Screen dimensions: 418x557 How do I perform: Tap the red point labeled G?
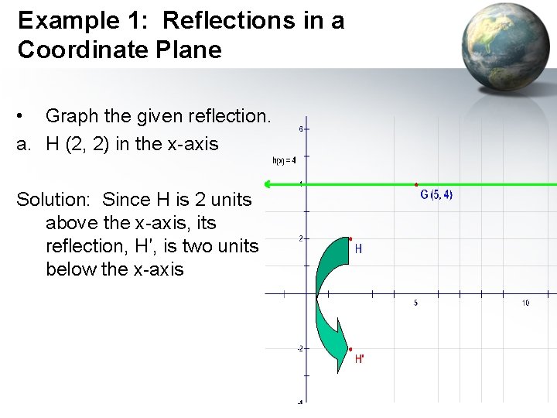[416, 185]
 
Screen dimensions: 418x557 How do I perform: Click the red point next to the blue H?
[350, 238]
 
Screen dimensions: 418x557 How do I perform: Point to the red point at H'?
[350, 349]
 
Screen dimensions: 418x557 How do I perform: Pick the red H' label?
[360, 359]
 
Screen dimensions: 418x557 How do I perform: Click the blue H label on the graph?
[358, 249]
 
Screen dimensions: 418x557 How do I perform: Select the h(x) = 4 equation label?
[284, 161]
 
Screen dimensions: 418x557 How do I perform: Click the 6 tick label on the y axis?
[300, 128]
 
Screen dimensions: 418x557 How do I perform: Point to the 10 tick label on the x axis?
[525, 303]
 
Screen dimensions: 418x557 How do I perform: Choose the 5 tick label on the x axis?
[415, 303]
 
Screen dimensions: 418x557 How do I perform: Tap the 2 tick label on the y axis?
[300, 238]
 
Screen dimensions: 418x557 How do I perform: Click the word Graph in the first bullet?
[76, 116]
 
